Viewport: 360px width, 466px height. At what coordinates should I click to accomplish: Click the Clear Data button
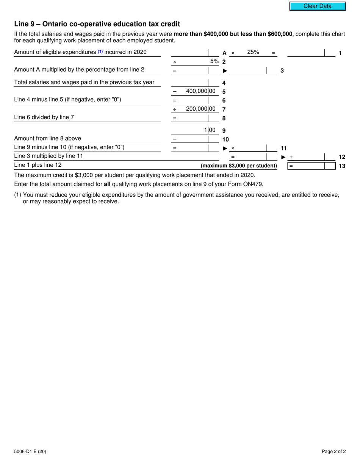(317, 6)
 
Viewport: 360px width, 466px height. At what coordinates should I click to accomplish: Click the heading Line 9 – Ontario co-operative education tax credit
(97, 24)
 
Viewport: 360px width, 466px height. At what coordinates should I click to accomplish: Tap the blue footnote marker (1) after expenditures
(100, 52)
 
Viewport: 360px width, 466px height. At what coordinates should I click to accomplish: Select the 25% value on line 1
(253, 52)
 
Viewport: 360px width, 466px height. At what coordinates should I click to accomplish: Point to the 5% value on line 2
(214, 61)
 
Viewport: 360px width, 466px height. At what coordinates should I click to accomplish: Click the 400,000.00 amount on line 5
(200, 91)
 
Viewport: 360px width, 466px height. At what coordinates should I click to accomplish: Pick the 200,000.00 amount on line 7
(200, 109)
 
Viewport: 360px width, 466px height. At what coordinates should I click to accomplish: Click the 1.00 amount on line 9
(210, 130)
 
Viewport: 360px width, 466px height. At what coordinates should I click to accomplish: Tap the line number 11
(283, 148)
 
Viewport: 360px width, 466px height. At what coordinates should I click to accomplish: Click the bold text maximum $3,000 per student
(239, 166)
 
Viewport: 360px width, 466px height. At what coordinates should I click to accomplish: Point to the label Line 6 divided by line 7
(44, 117)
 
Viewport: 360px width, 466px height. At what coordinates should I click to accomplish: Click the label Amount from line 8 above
(47, 138)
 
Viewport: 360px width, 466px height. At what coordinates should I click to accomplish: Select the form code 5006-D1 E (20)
(30, 451)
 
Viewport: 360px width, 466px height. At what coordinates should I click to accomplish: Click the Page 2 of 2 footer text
(333, 451)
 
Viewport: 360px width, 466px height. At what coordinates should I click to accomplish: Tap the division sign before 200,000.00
(174, 109)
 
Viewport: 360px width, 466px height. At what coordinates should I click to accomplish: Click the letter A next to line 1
(224, 53)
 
